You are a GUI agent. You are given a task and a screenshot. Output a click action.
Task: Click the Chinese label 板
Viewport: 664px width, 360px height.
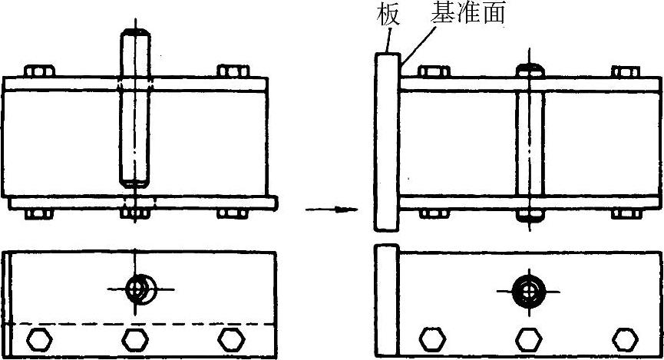pos(385,15)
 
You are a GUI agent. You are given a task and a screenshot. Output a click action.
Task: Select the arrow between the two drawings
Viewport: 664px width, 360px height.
pos(332,209)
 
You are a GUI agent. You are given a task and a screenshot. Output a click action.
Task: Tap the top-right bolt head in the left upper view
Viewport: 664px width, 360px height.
pos(232,71)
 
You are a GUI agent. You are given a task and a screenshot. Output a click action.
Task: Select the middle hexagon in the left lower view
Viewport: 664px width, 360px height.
pos(134,338)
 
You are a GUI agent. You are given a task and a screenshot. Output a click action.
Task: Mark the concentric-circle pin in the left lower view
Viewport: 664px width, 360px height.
pos(140,289)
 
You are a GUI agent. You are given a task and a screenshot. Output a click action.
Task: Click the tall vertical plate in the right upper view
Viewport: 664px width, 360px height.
pos(386,142)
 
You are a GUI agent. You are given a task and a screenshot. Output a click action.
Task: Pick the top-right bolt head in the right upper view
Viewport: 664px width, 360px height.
pos(626,72)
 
